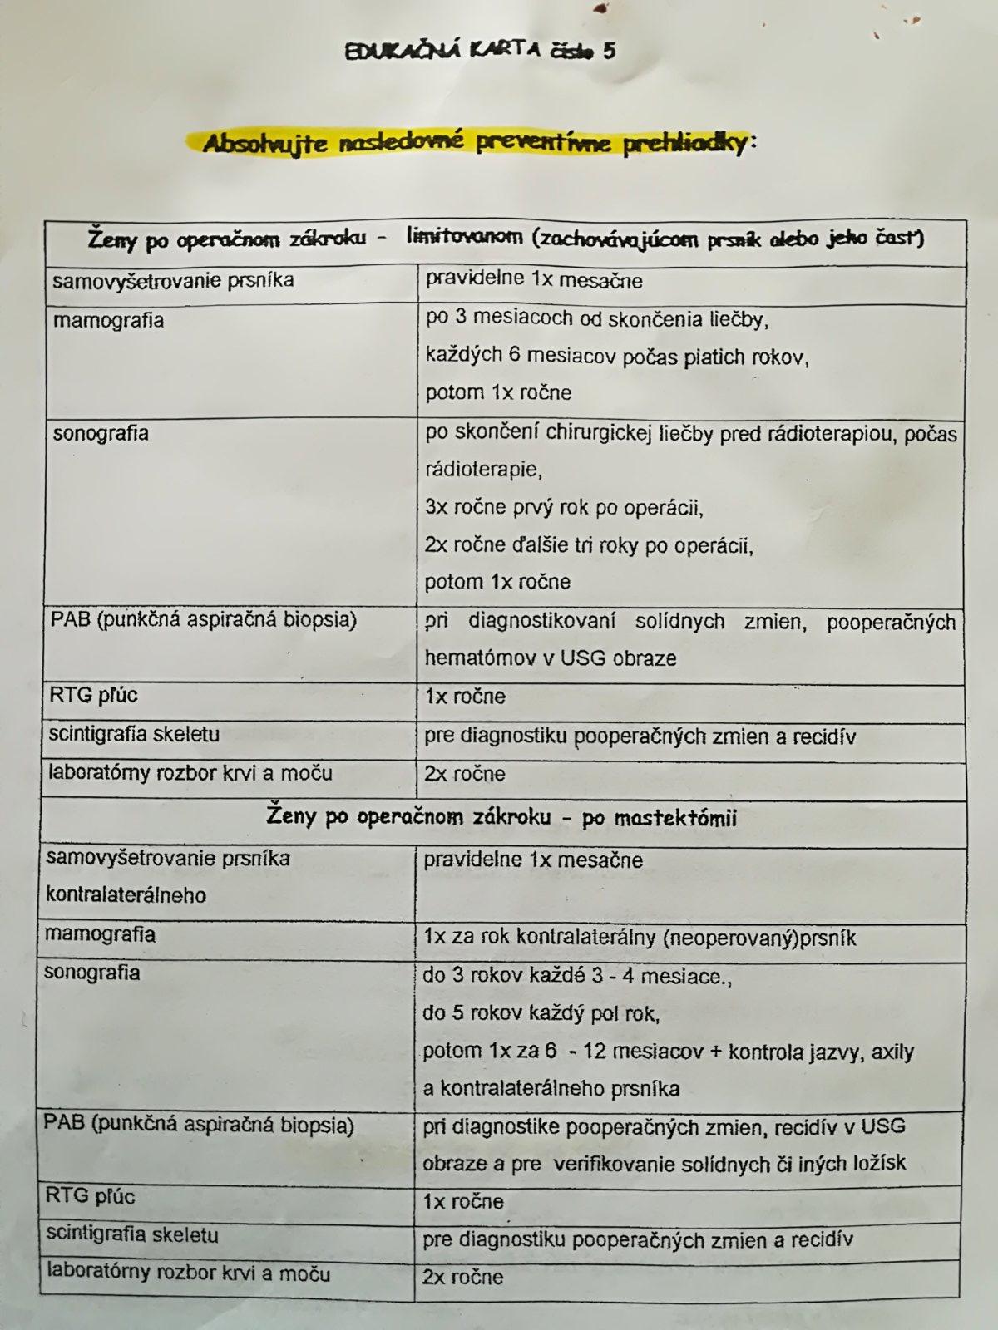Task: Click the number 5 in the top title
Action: click(x=610, y=51)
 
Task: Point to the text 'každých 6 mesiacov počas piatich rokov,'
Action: click(x=616, y=356)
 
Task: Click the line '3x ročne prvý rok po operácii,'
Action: click(x=563, y=507)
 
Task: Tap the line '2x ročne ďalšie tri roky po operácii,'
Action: click(x=588, y=545)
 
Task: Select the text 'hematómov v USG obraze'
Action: click(x=550, y=658)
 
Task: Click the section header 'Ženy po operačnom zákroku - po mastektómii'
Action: click(x=501, y=817)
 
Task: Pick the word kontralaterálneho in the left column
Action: click(x=126, y=895)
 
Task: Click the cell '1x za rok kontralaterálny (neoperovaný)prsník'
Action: click(x=639, y=938)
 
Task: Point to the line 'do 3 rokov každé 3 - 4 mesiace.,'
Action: click(x=576, y=976)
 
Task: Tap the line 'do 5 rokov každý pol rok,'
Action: click(x=541, y=1013)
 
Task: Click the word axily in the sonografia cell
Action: click(x=892, y=1052)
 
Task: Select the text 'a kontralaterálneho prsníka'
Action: click(x=551, y=1088)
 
